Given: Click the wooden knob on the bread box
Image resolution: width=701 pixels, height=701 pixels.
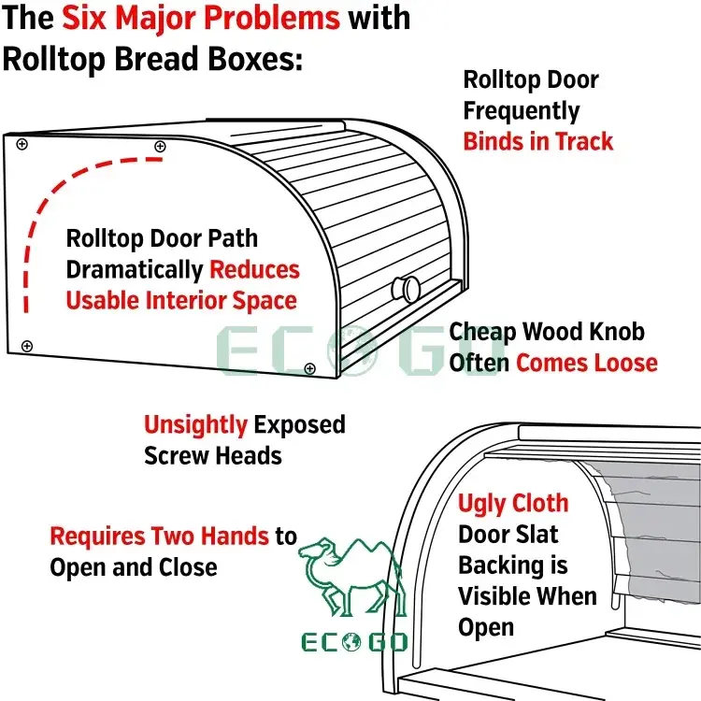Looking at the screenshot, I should tap(407, 288).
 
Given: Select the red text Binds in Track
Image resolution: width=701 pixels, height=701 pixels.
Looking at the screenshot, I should tap(538, 141).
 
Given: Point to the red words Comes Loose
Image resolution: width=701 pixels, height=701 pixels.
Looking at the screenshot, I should tap(586, 362).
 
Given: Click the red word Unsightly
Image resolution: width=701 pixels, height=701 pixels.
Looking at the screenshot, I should tap(195, 425).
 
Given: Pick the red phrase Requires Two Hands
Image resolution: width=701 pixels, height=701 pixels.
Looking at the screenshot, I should tap(160, 536).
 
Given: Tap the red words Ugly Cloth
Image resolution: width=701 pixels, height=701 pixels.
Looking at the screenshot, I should tap(512, 504).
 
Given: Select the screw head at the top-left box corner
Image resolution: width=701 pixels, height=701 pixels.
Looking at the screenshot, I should tap(19, 143).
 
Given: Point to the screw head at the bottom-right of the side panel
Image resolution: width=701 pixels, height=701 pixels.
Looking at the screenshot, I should tap(309, 369).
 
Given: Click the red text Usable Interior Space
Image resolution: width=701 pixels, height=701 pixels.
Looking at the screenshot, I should tap(180, 301).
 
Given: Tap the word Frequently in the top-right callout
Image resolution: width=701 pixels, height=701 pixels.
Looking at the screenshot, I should tap(522, 110).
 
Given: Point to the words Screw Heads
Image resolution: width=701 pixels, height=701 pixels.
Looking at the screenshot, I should tap(213, 455).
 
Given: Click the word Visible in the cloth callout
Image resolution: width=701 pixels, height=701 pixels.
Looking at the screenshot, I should tap(499, 595).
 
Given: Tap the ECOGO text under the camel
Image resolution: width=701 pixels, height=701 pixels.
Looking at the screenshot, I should tap(353, 643).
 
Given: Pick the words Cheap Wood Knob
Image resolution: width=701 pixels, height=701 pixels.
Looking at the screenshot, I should tap(547, 332).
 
